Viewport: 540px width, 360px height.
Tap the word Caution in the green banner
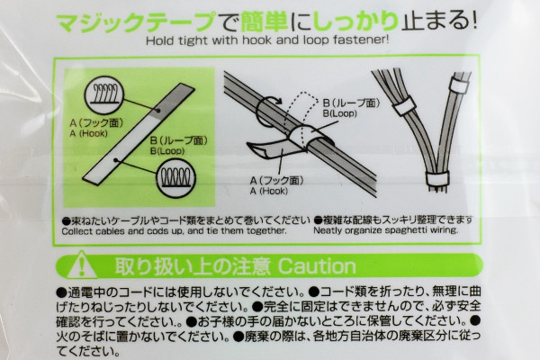(x=317, y=266)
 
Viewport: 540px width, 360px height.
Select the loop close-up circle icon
(x=176, y=179)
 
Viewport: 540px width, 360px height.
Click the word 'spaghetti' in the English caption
(x=402, y=230)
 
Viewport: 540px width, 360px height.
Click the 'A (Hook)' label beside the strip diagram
(x=88, y=134)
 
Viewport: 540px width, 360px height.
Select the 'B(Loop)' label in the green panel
(x=167, y=151)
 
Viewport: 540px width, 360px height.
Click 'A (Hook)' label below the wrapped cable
(x=268, y=191)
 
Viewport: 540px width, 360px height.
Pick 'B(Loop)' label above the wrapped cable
(x=339, y=113)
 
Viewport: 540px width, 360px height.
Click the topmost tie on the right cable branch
(x=459, y=85)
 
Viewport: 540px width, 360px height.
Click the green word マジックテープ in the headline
(x=136, y=22)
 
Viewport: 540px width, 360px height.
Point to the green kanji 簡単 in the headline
(x=264, y=22)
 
